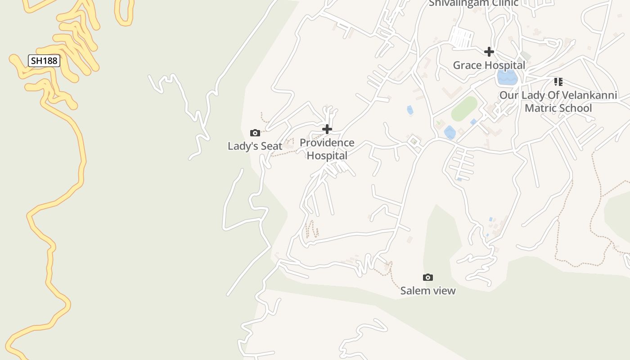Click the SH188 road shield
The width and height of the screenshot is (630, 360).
point(44,61)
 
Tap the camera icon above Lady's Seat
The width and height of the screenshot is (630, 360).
point(255,133)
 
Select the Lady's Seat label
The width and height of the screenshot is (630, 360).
point(255,146)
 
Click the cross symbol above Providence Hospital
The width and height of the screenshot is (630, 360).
point(327,130)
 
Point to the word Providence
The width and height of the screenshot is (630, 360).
point(327,143)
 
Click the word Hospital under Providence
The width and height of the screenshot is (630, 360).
point(327,156)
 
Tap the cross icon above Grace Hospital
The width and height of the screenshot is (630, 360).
point(489,52)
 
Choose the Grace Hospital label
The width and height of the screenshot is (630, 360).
point(489,65)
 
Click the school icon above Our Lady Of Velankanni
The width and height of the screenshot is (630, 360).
point(558,82)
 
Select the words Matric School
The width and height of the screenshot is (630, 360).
point(558,108)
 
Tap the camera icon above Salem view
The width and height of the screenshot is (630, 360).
point(428,277)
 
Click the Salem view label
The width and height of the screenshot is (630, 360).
point(428,291)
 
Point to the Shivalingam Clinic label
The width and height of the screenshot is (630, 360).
point(473,3)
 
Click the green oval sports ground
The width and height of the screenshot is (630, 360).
point(464,108)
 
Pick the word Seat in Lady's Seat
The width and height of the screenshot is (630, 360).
point(271,146)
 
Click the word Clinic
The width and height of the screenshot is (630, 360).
point(503,3)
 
